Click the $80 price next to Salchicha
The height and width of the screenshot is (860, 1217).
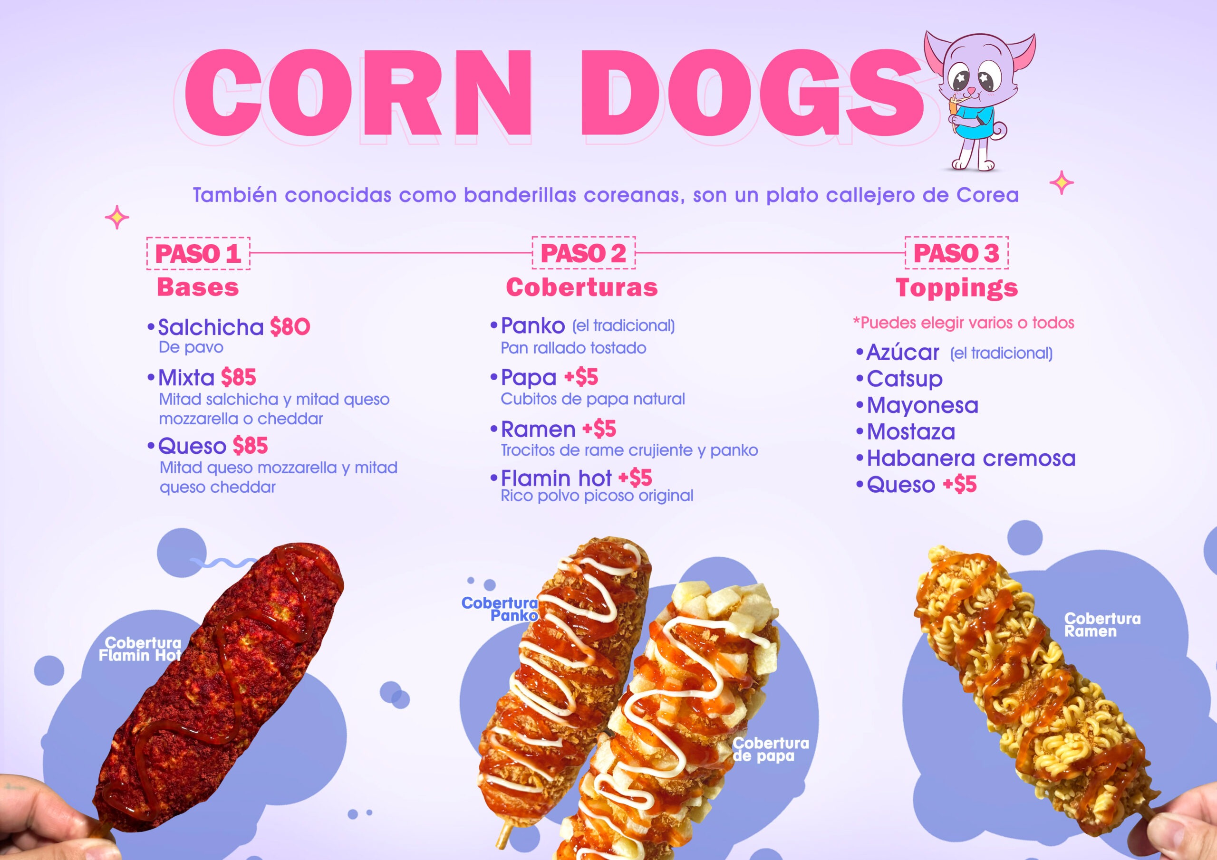coord(290,327)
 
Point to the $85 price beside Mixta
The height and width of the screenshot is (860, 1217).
coord(239,377)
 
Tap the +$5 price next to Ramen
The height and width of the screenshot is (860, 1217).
coord(599,429)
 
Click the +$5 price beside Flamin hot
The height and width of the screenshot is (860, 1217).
coord(635,478)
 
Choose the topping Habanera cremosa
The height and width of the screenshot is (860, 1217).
coord(971,459)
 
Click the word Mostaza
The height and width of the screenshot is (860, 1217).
coord(911,432)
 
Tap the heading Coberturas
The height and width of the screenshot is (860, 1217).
coord(582,287)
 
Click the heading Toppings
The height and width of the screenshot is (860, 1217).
coord(957,288)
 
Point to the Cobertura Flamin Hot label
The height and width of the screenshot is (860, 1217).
coord(140,649)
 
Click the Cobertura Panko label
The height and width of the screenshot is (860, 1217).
coord(500,609)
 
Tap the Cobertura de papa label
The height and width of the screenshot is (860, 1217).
coord(771,749)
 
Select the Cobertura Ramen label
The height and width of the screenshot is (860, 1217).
coord(1102,625)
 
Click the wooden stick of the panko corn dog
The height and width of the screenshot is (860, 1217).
coord(503,831)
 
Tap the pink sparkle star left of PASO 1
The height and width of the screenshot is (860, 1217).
coord(117,218)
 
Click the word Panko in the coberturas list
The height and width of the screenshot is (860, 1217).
coord(533,326)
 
